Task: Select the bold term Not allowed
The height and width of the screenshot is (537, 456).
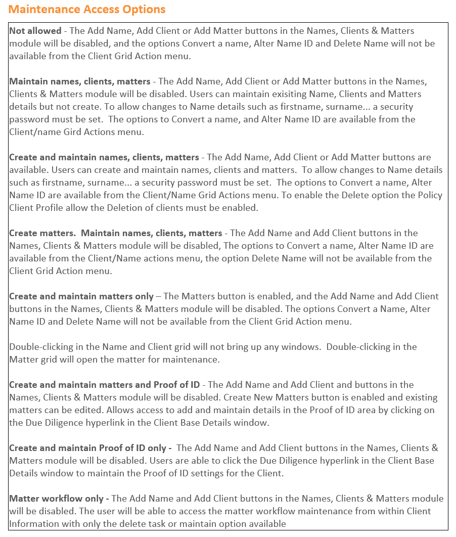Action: coord(35,31)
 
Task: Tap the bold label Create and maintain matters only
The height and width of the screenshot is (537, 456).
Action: coord(81,296)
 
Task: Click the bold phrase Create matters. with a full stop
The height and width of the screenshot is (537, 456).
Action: coord(43,233)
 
